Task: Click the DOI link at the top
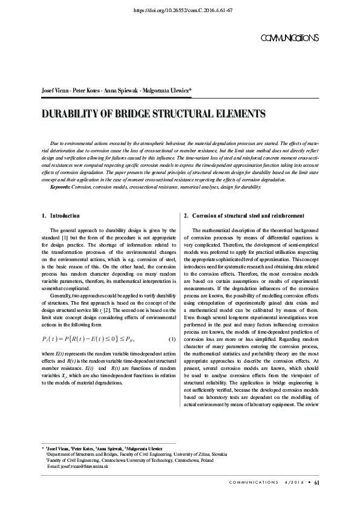(x=182, y=11)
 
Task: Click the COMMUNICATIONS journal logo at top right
(x=289, y=38)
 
